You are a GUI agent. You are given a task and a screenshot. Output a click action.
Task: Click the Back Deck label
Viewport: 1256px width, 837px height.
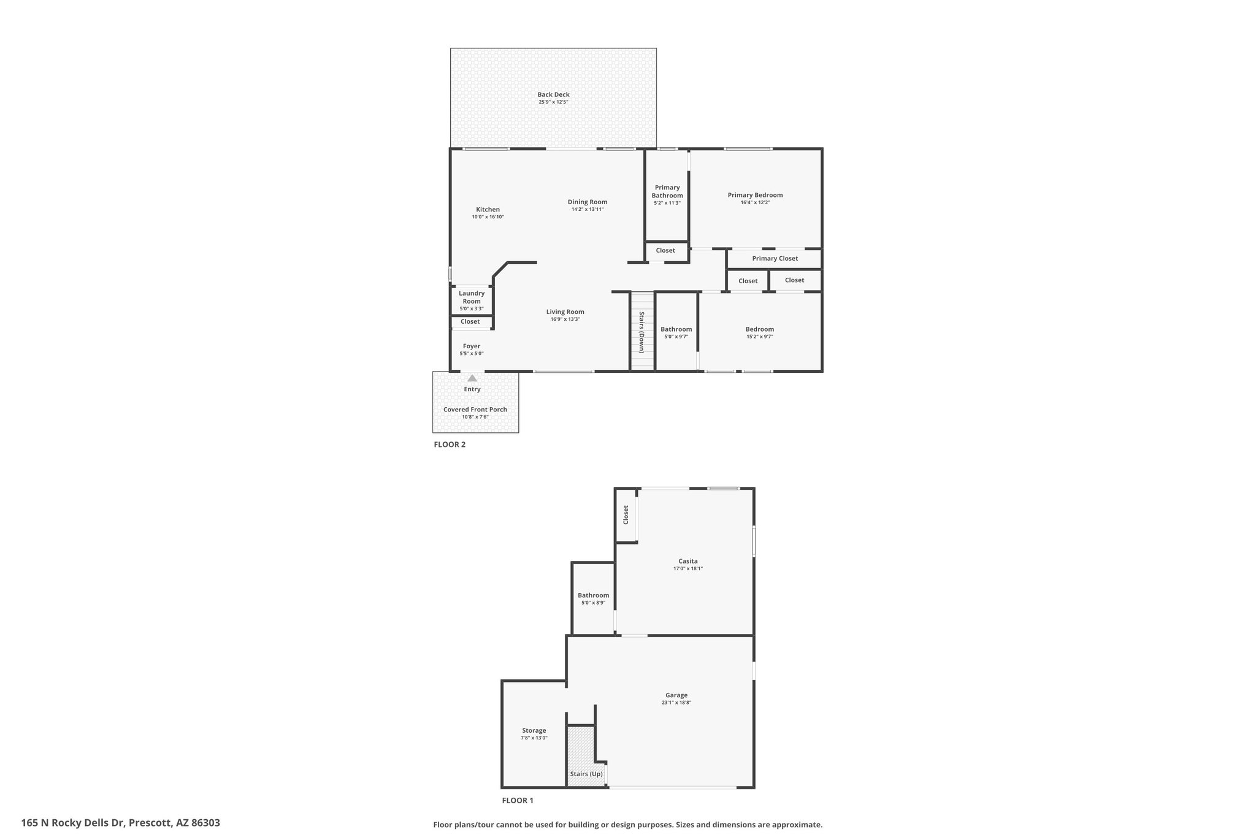553,94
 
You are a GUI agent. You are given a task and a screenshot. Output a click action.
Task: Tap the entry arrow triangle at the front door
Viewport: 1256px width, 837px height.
472,378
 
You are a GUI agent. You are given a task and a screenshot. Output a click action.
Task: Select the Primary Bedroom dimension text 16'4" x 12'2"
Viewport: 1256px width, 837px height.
755,202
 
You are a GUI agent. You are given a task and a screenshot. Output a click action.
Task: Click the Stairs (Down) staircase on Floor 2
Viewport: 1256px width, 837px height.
642,331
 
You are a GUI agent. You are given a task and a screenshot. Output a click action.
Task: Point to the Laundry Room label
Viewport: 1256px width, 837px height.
472,297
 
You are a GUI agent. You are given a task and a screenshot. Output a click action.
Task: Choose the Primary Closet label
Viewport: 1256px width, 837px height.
775,258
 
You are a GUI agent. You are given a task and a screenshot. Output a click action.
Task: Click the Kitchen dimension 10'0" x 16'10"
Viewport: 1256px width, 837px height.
488,217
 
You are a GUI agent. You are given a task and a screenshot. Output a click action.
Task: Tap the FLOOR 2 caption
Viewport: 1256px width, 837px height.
450,445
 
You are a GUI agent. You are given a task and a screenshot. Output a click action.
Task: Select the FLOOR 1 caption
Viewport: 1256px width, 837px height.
518,800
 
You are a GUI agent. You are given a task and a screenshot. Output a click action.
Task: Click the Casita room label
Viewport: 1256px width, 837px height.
687,561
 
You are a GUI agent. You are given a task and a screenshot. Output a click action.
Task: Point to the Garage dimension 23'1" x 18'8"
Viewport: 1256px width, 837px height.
676,703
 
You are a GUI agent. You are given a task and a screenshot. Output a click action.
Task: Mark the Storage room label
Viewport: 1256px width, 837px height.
534,730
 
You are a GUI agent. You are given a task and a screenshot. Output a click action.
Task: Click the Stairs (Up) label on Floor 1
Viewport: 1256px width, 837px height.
586,774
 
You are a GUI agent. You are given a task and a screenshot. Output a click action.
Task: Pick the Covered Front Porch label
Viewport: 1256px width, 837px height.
475,410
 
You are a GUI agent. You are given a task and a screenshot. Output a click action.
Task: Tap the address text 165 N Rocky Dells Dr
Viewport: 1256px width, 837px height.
74,823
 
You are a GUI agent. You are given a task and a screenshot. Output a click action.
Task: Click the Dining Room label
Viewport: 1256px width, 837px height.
588,202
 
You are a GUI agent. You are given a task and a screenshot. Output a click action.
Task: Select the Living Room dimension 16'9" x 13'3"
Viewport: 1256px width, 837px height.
565,319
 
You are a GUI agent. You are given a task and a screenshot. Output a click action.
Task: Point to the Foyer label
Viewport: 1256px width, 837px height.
472,346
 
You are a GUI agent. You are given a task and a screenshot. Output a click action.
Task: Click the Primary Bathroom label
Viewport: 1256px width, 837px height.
667,191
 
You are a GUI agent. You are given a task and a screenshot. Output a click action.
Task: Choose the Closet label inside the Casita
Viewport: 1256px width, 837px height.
626,514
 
